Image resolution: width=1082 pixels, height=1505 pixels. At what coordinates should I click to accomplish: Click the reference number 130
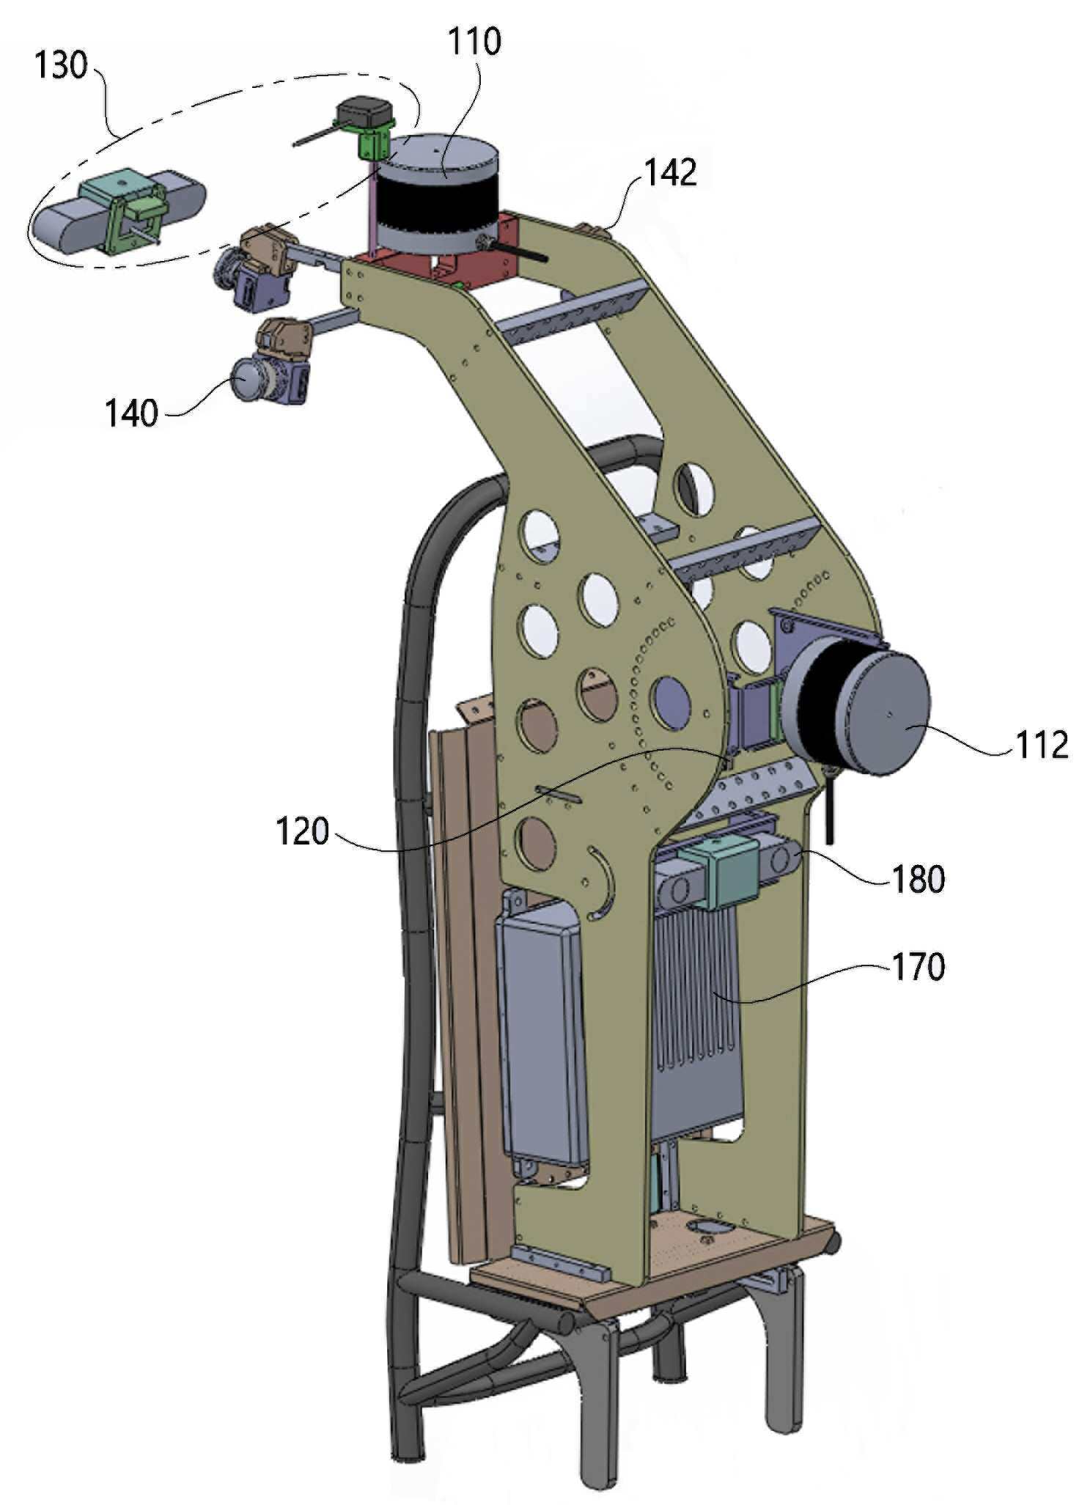tap(61, 65)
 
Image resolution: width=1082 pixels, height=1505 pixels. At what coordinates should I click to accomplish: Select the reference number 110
tap(474, 41)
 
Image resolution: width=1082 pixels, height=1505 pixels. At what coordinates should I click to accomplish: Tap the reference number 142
tap(670, 173)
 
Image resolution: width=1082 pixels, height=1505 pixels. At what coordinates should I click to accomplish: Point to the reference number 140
tap(131, 413)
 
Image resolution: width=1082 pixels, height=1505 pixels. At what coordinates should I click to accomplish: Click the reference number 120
tap(302, 831)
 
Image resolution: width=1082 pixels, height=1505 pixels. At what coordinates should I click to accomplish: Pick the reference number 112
tap(1042, 746)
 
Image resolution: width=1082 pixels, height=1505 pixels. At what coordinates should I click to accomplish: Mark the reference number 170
tap(918, 967)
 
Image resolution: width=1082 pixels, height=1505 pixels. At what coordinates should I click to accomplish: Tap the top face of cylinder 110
tap(444, 152)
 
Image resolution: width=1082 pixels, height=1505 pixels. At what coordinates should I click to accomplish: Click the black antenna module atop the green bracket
tap(364, 113)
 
